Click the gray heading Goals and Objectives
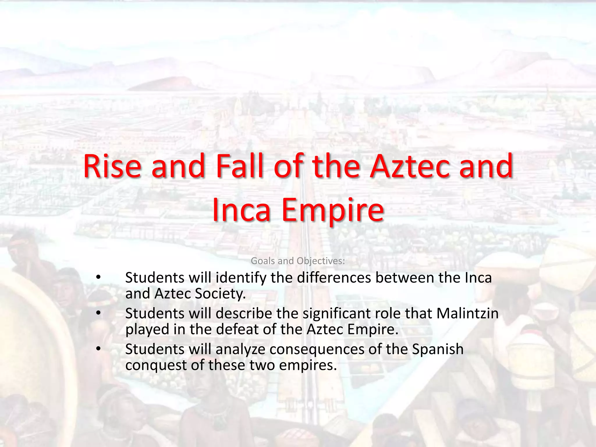pyautogui.click(x=298, y=261)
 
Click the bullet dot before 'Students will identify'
pyautogui.click(x=98, y=277)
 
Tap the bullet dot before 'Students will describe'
pyautogui.click(x=98, y=313)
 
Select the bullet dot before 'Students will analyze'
pyautogui.click(x=98, y=349)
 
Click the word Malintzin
pyautogui.click(x=467, y=313)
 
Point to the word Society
pyautogui.click(x=220, y=294)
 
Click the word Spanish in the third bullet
pyautogui.click(x=438, y=349)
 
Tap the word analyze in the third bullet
pyautogui.click(x=240, y=350)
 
